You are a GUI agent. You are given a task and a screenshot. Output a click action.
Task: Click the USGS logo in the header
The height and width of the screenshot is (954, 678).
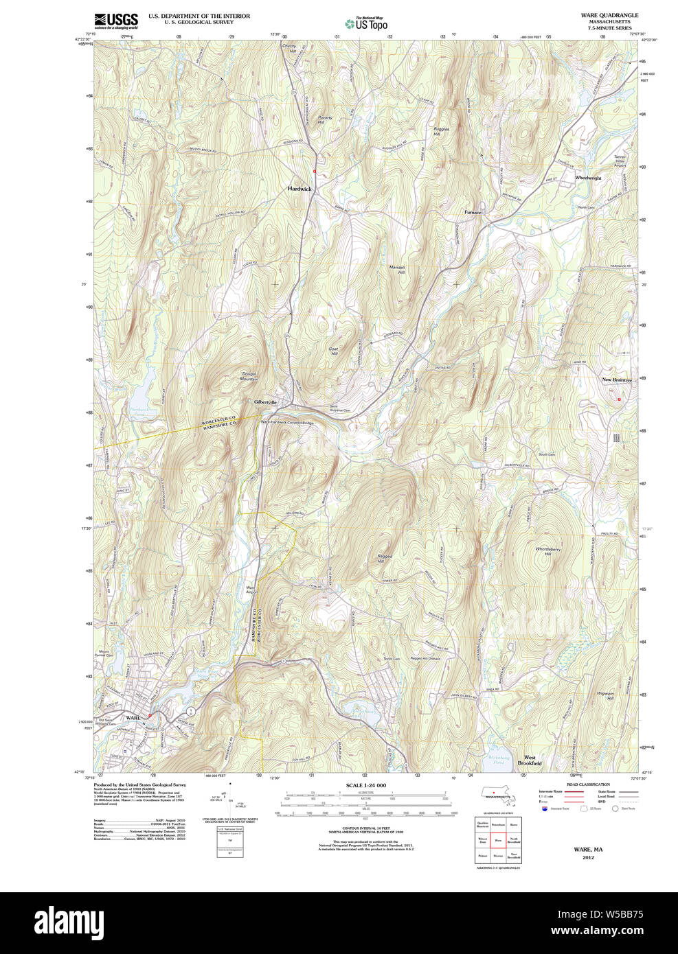click(x=116, y=21)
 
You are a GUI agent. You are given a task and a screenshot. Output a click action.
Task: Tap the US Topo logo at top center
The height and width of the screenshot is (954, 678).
click(x=366, y=23)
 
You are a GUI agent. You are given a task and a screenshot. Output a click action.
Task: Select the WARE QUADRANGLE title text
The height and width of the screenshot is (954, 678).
click(x=609, y=15)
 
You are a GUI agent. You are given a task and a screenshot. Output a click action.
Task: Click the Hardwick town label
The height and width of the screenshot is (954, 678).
click(x=300, y=189)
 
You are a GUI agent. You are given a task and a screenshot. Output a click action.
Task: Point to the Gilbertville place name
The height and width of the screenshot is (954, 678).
click(x=265, y=402)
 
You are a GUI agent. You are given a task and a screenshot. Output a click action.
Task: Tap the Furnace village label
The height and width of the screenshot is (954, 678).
click(x=473, y=212)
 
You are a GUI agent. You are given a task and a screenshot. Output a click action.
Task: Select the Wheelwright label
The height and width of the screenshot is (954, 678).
click(x=588, y=178)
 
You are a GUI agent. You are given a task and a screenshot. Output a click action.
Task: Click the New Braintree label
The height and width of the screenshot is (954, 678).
click(x=616, y=380)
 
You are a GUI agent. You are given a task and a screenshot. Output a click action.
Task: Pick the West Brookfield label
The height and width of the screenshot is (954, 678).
click(x=530, y=760)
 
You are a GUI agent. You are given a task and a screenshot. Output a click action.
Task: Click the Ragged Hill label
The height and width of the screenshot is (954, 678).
click(x=380, y=559)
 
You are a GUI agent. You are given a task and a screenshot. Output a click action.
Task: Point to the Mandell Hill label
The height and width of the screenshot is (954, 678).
click(x=397, y=270)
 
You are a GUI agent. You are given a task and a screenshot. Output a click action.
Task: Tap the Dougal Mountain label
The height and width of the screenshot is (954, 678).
click(x=249, y=376)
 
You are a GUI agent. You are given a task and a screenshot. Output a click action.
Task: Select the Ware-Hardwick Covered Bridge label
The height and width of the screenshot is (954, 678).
click(x=287, y=423)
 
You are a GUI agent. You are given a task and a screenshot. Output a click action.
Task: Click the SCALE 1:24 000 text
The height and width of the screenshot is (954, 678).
click(x=365, y=785)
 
